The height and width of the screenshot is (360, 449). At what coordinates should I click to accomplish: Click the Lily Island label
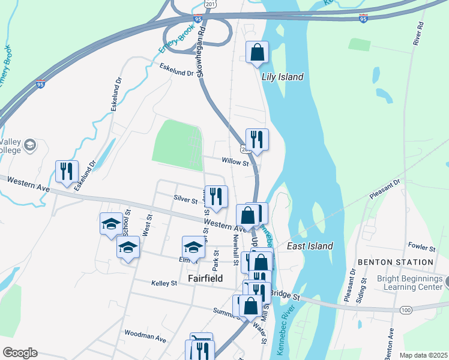coord(282,77)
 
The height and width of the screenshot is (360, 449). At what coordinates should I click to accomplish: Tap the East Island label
coord(310,247)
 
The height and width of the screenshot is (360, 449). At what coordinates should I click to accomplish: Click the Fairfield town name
coord(205,279)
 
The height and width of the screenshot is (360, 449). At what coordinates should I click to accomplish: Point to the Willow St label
coord(235,162)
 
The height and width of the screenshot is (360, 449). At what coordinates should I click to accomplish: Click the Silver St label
coord(185,200)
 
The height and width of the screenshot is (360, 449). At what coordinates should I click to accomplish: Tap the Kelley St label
coord(164,283)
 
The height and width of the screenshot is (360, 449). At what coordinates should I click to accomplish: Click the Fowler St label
coord(421,247)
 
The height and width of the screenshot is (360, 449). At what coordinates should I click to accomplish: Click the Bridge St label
coord(284,294)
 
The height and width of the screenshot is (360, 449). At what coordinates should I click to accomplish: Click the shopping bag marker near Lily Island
coord(257,52)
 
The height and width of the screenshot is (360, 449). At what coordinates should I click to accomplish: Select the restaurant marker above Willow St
coord(257,140)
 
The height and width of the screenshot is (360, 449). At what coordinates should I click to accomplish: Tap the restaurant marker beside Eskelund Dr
coord(67,171)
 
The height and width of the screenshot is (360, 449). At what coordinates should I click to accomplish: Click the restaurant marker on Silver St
coord(216,196)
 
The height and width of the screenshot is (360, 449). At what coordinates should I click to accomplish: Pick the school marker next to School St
coord(111,224)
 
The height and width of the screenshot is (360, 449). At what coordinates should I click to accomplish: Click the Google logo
coord(20,353)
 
